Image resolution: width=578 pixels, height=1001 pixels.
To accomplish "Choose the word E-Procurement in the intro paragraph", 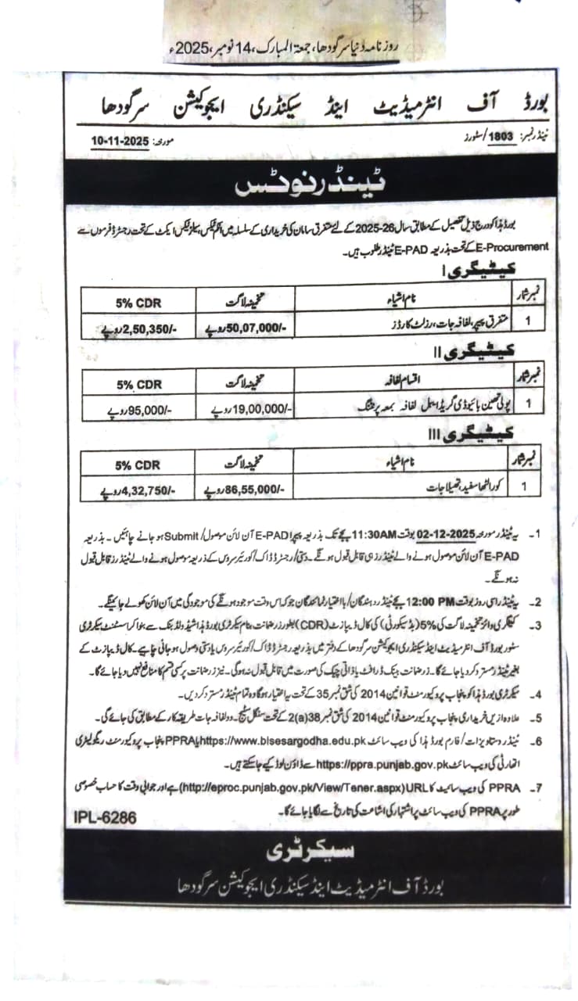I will [x=517, y=246].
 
